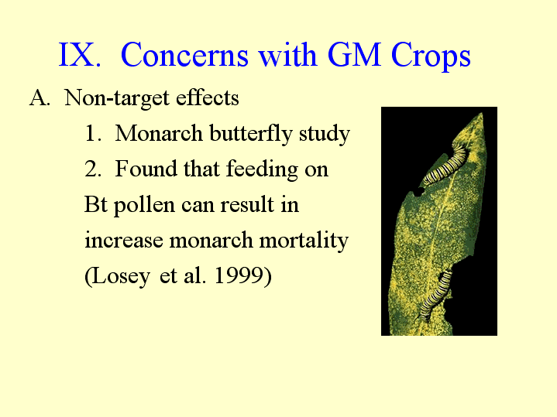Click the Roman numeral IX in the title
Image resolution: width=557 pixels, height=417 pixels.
pos(80,55)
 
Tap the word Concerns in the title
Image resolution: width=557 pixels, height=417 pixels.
pos(184,55)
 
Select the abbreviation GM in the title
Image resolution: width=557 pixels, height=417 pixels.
pos(354,55)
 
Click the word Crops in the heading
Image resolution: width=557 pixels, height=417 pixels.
pos(431,56)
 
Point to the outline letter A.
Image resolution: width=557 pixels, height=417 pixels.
pos(40,97)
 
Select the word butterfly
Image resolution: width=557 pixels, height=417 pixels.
pos(251,134)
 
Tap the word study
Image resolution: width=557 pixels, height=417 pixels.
pos(325,134)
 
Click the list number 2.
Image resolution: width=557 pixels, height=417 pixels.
pos(92,169)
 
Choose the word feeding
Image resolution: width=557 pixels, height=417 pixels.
pos(262,169)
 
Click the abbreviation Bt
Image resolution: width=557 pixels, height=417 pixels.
pos(95,204)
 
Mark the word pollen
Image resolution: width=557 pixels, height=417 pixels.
pos(144,206)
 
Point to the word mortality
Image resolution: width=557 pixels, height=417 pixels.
pos(304,241)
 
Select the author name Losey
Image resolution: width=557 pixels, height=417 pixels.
pos(117,275)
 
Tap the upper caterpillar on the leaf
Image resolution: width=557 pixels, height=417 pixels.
pos(445,164)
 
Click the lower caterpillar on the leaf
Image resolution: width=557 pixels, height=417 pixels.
pos(436,294)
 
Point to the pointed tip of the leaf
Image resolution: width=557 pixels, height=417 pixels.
pos(482,113)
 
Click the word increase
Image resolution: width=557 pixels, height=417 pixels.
pos(124,241)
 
